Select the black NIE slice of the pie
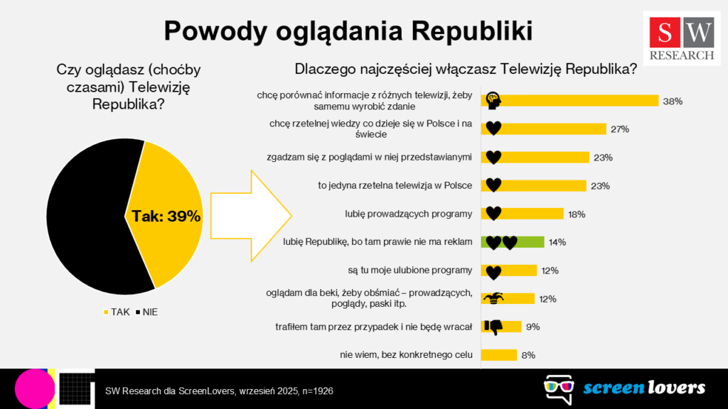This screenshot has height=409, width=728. click(85, 213)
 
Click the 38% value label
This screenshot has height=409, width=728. click(672, 101)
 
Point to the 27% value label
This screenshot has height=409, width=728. click(619, 129)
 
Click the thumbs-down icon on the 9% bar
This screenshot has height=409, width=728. click(493, 327)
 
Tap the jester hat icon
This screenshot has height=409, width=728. click(493, 299)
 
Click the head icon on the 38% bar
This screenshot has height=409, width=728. click(493, 101)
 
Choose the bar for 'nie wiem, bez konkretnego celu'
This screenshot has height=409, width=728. click(499, 355)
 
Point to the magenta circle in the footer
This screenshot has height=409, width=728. click(35, 388)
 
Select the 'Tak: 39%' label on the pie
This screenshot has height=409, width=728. click(166, 217)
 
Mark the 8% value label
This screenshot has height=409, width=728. click(528, 355)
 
